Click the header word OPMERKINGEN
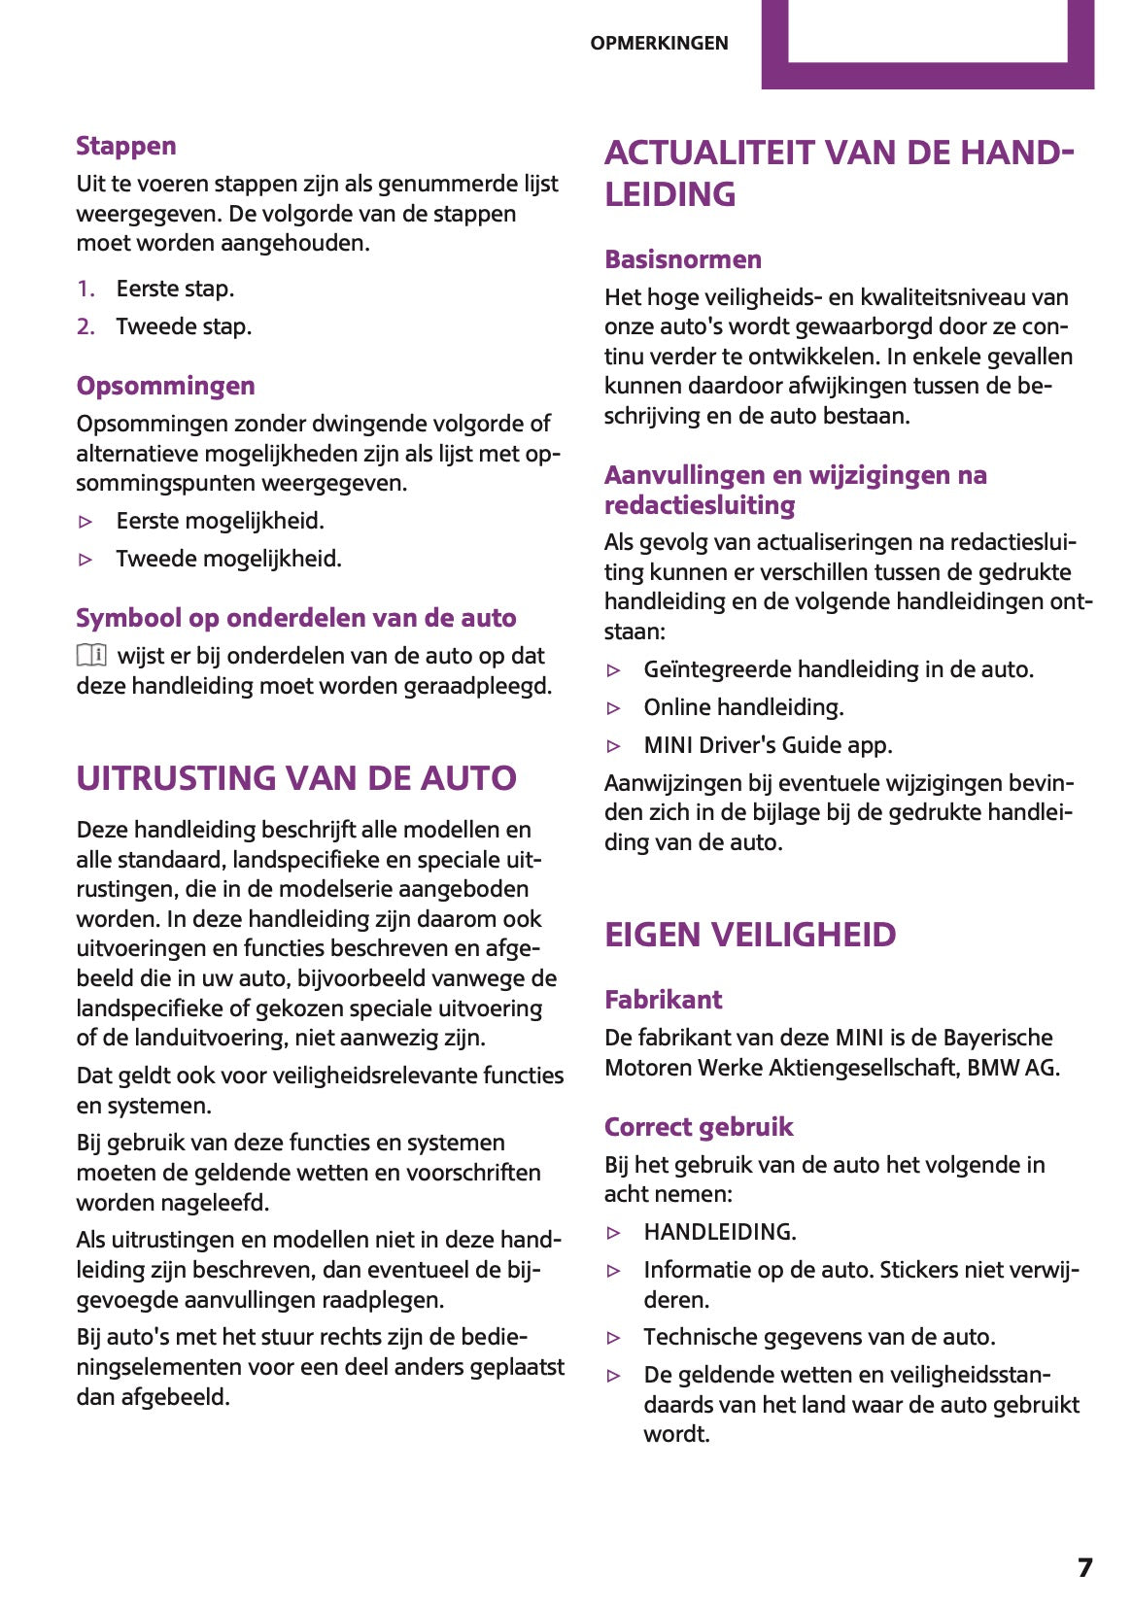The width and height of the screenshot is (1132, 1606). pyautogui.click(x=659, y=43)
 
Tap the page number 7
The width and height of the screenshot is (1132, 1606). pyautogui.click(x=1084, y=1567)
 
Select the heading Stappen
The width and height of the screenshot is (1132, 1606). pyautogui.click(x=126, y=146)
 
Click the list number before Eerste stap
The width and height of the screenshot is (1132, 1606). pyautogui.click(x=86, y=289)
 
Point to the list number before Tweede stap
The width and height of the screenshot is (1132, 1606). pyautogui.click(x=86, y=326)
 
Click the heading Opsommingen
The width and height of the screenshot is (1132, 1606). pyautogui.click(x=165, y=386)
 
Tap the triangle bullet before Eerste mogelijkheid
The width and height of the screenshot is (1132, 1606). pyautogui.click(x=86, y=522)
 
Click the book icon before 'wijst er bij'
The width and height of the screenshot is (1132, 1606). pyautogui.click(x=91, y=656)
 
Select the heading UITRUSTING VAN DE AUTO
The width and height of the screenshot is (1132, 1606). pyautogui.click(x=296, y=778)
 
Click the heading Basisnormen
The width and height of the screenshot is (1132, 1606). pyautogui.click(x=682, y=259)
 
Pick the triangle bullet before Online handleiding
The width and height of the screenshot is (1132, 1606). pyautogui.click(x=613, y=708)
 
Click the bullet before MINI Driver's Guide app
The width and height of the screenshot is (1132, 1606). pyautogui.click(x=613, y=746)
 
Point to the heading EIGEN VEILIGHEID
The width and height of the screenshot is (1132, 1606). pyautogui.click(x=750, y=935)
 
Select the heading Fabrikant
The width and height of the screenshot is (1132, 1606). pyautogui.click(x=663, y=1000)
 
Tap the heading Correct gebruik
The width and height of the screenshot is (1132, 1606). pyautogui.click(x=699, y=1127)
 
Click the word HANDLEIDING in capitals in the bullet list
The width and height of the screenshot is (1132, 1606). pyautogui.click(x=719, y=1232)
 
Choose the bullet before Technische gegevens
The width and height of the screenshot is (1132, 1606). pyautogui.click(x=613, y=1338)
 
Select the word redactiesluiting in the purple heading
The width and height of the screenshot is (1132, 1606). pyautogui.click(x=700, y=505)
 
